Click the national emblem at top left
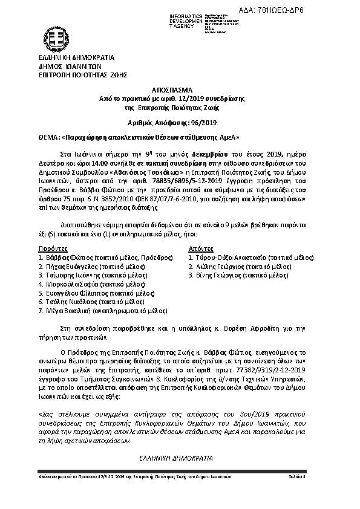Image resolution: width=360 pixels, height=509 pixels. [58, 35]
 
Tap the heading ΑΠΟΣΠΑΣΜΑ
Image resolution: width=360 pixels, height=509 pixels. [179, 88]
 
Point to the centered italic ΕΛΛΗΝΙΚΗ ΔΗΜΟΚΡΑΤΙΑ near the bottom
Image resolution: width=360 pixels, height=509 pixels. [179, 458]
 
